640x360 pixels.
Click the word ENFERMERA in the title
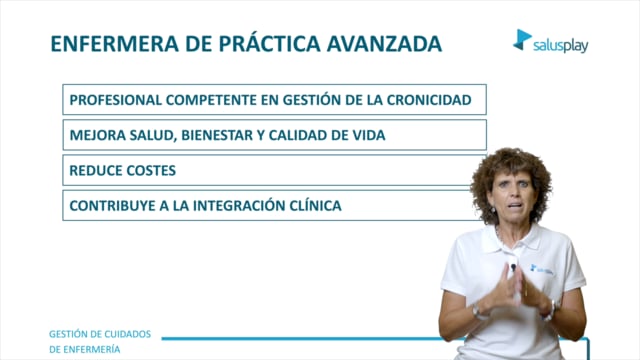(x=115, y=44)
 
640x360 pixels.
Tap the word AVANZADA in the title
(x=384, y=44)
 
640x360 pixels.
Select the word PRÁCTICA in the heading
(x=269, y=43)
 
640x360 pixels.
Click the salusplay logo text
(x=560, y=46)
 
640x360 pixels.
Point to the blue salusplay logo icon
(x=522, y=40)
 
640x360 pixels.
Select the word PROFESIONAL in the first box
(x=116, y=100)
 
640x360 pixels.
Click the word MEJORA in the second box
(x=98, y=135)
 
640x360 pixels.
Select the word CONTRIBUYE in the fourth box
(x=112, y=205)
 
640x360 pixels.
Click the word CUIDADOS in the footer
(x=126, y=334)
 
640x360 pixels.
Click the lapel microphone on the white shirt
(x=513, y=267)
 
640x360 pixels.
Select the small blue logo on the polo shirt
(x=542, y=269)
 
